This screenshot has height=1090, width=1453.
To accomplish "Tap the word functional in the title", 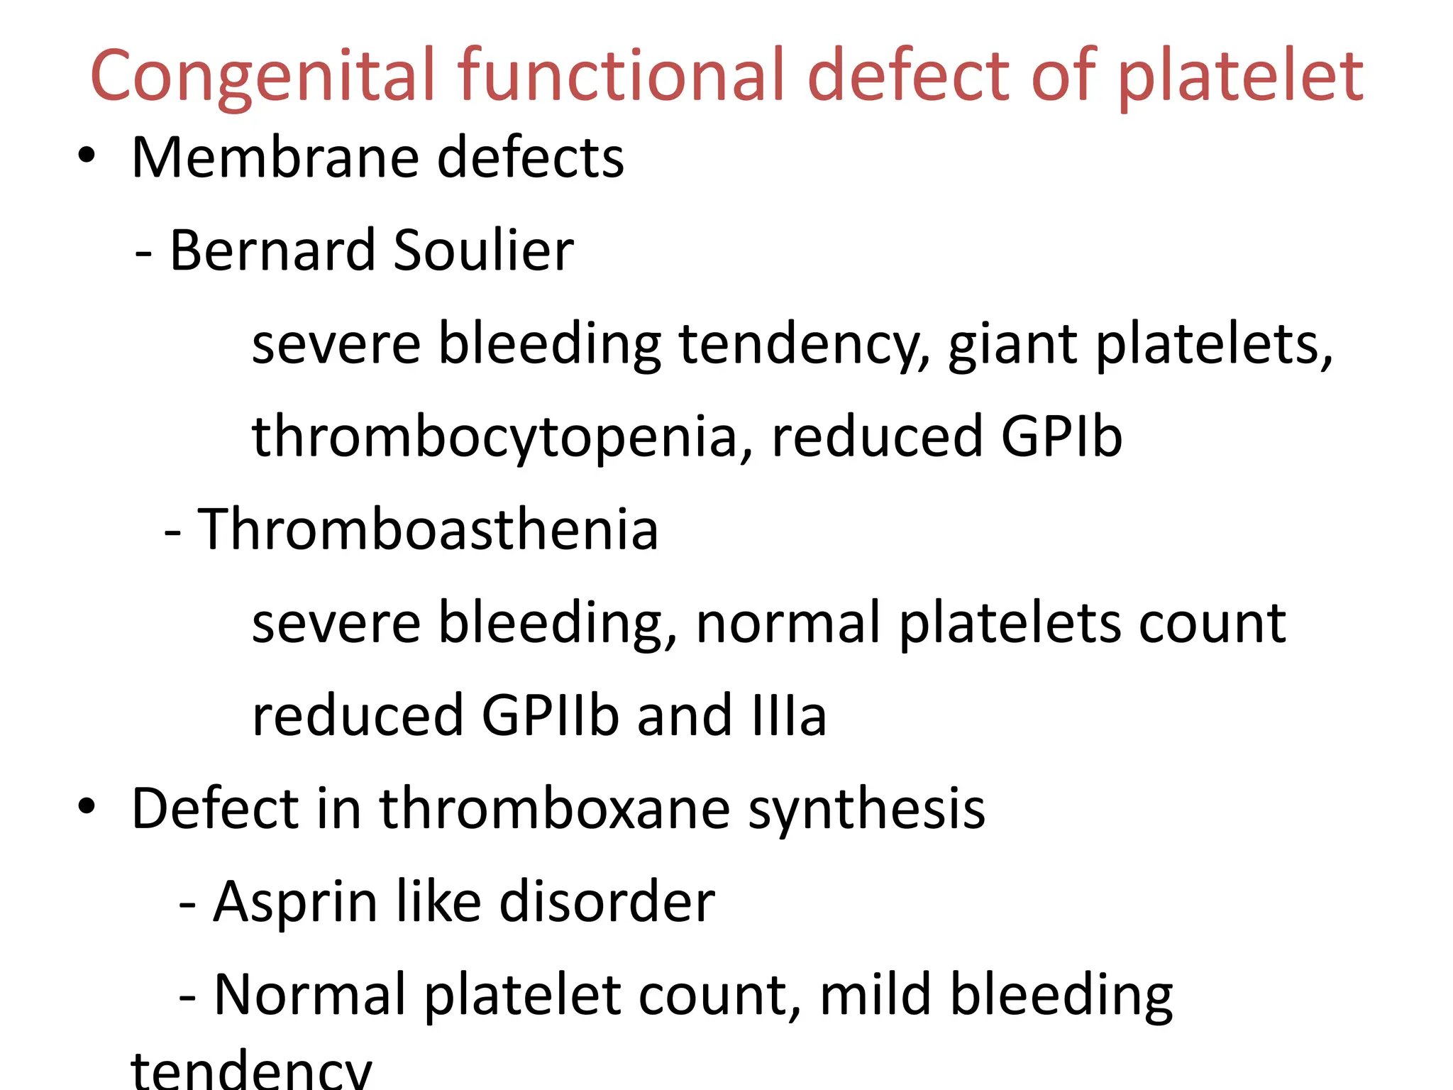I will coord(622,75).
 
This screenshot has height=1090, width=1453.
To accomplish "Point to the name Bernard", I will coord(272,250).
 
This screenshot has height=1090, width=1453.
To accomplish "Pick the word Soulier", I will coord(483,250).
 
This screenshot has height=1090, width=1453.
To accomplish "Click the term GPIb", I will coord(1061,436).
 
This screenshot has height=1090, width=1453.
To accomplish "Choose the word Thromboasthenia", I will coord(428,529).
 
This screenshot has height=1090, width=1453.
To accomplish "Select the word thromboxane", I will coord(554,808).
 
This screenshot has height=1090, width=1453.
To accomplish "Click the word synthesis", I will coord(866,810).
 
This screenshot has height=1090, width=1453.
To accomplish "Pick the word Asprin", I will coord(295,901).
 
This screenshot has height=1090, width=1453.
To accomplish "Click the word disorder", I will coord(607,901).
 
